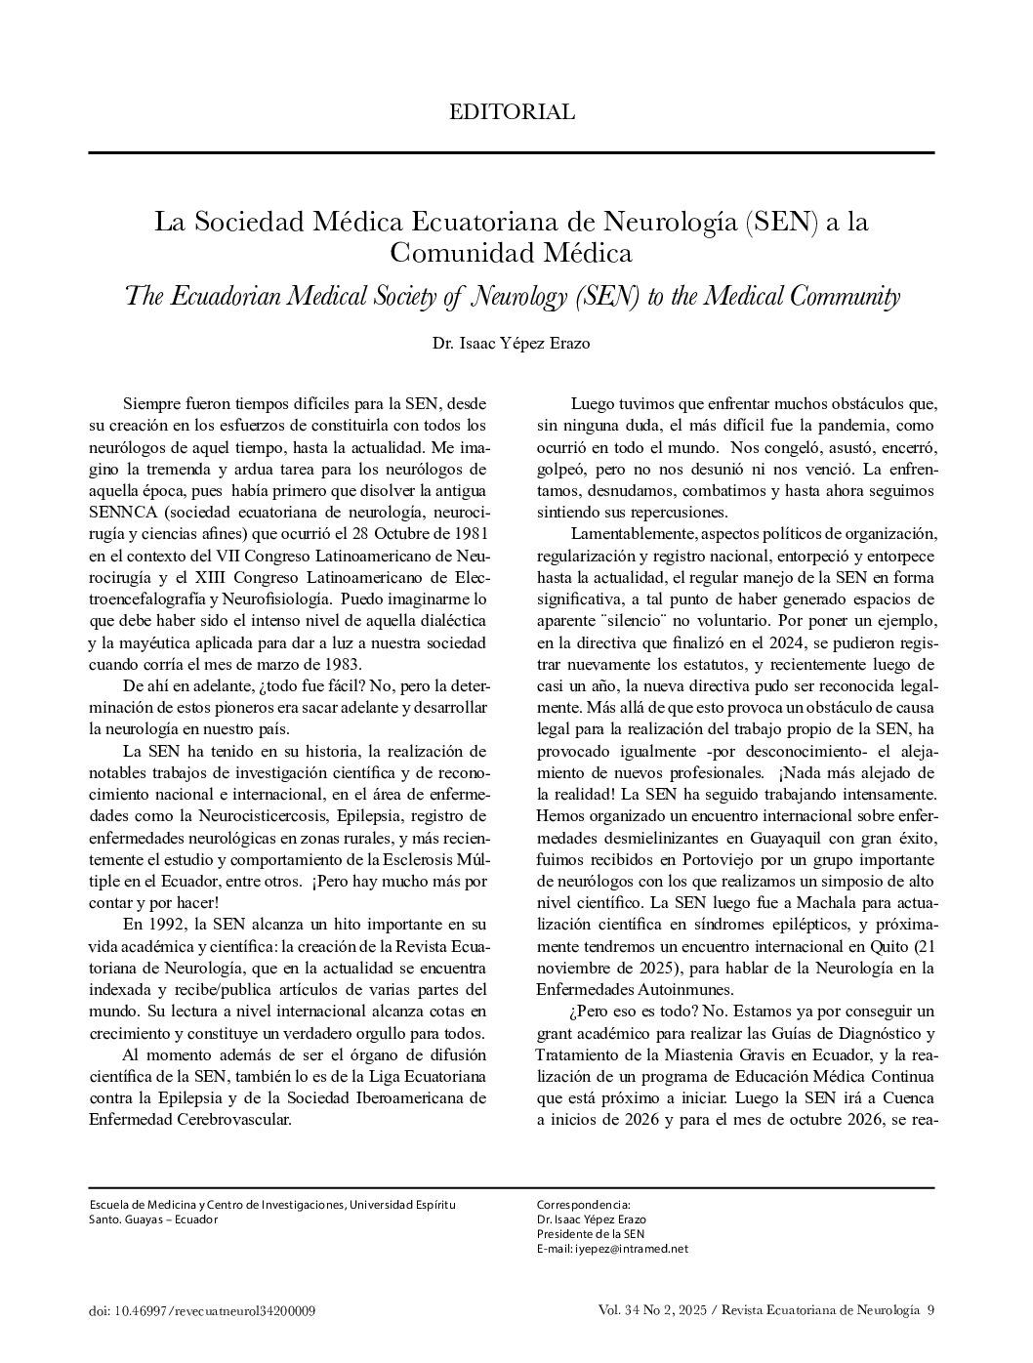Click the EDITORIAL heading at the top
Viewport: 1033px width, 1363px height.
[512, 112]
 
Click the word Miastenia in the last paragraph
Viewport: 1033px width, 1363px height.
[710, 1054]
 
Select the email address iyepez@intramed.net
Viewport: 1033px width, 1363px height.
[632, 1248]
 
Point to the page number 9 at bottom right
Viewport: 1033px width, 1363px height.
[930, 1310]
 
